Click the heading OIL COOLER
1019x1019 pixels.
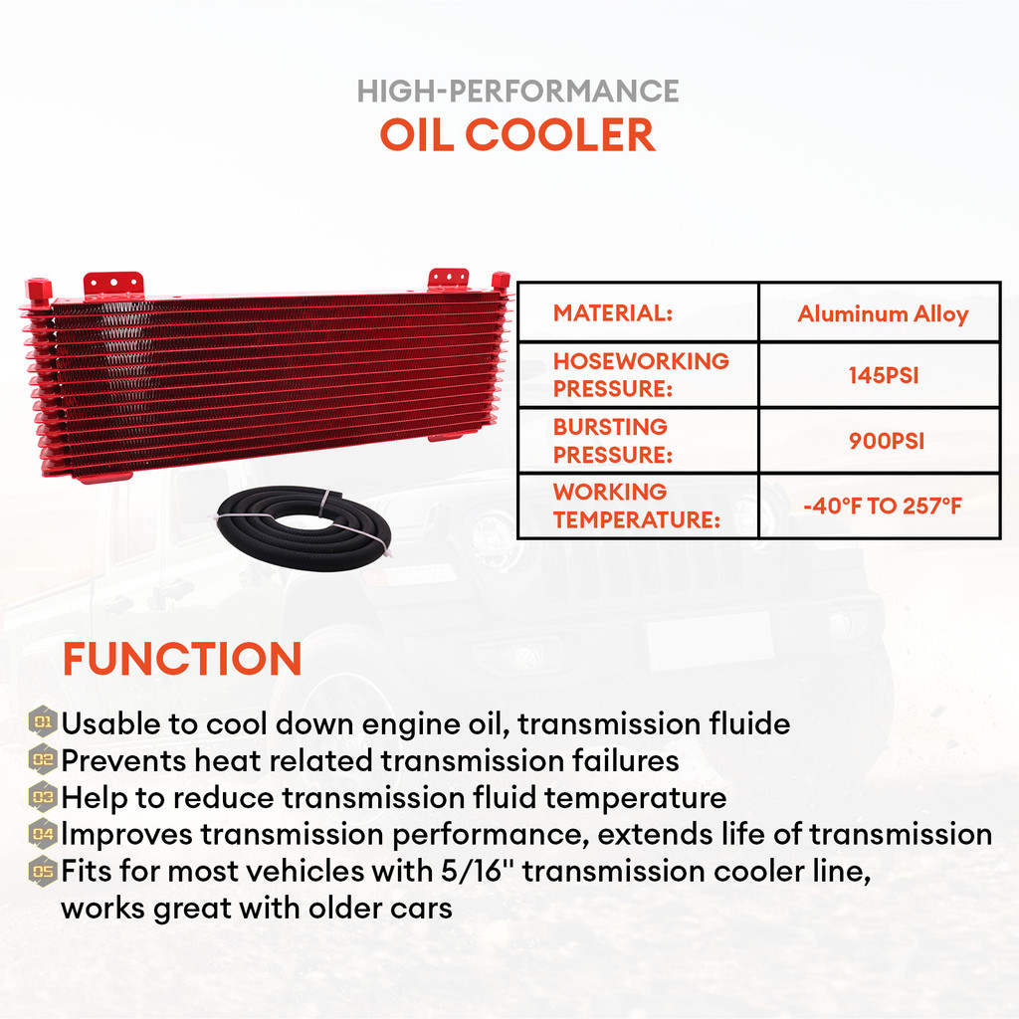point(517,135)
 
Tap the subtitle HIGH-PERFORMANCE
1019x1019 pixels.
point(517,92)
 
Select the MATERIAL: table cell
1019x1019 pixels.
point(613,313)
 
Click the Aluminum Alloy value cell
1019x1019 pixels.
point(882,314)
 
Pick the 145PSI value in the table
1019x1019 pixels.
point(882,376)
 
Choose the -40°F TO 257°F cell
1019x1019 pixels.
point(882,507)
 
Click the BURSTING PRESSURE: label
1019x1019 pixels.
point(610,441)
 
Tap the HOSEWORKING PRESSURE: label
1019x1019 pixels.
point(640,375)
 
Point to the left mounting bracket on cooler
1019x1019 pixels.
point(112,284)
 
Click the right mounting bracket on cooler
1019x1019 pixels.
point(448,278)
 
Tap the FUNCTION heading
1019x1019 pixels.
point(182,659)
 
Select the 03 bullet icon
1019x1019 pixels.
point(43,795)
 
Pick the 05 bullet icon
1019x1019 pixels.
point(43,870)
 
